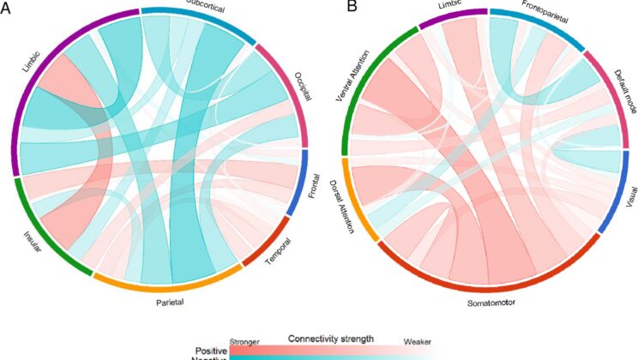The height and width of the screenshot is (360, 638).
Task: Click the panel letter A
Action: click(7, 8)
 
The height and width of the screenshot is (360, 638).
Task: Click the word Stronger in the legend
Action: click(245, 339)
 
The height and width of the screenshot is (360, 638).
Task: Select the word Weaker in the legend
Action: click(419, 339)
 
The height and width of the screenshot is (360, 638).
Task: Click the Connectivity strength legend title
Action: click(330, 338)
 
